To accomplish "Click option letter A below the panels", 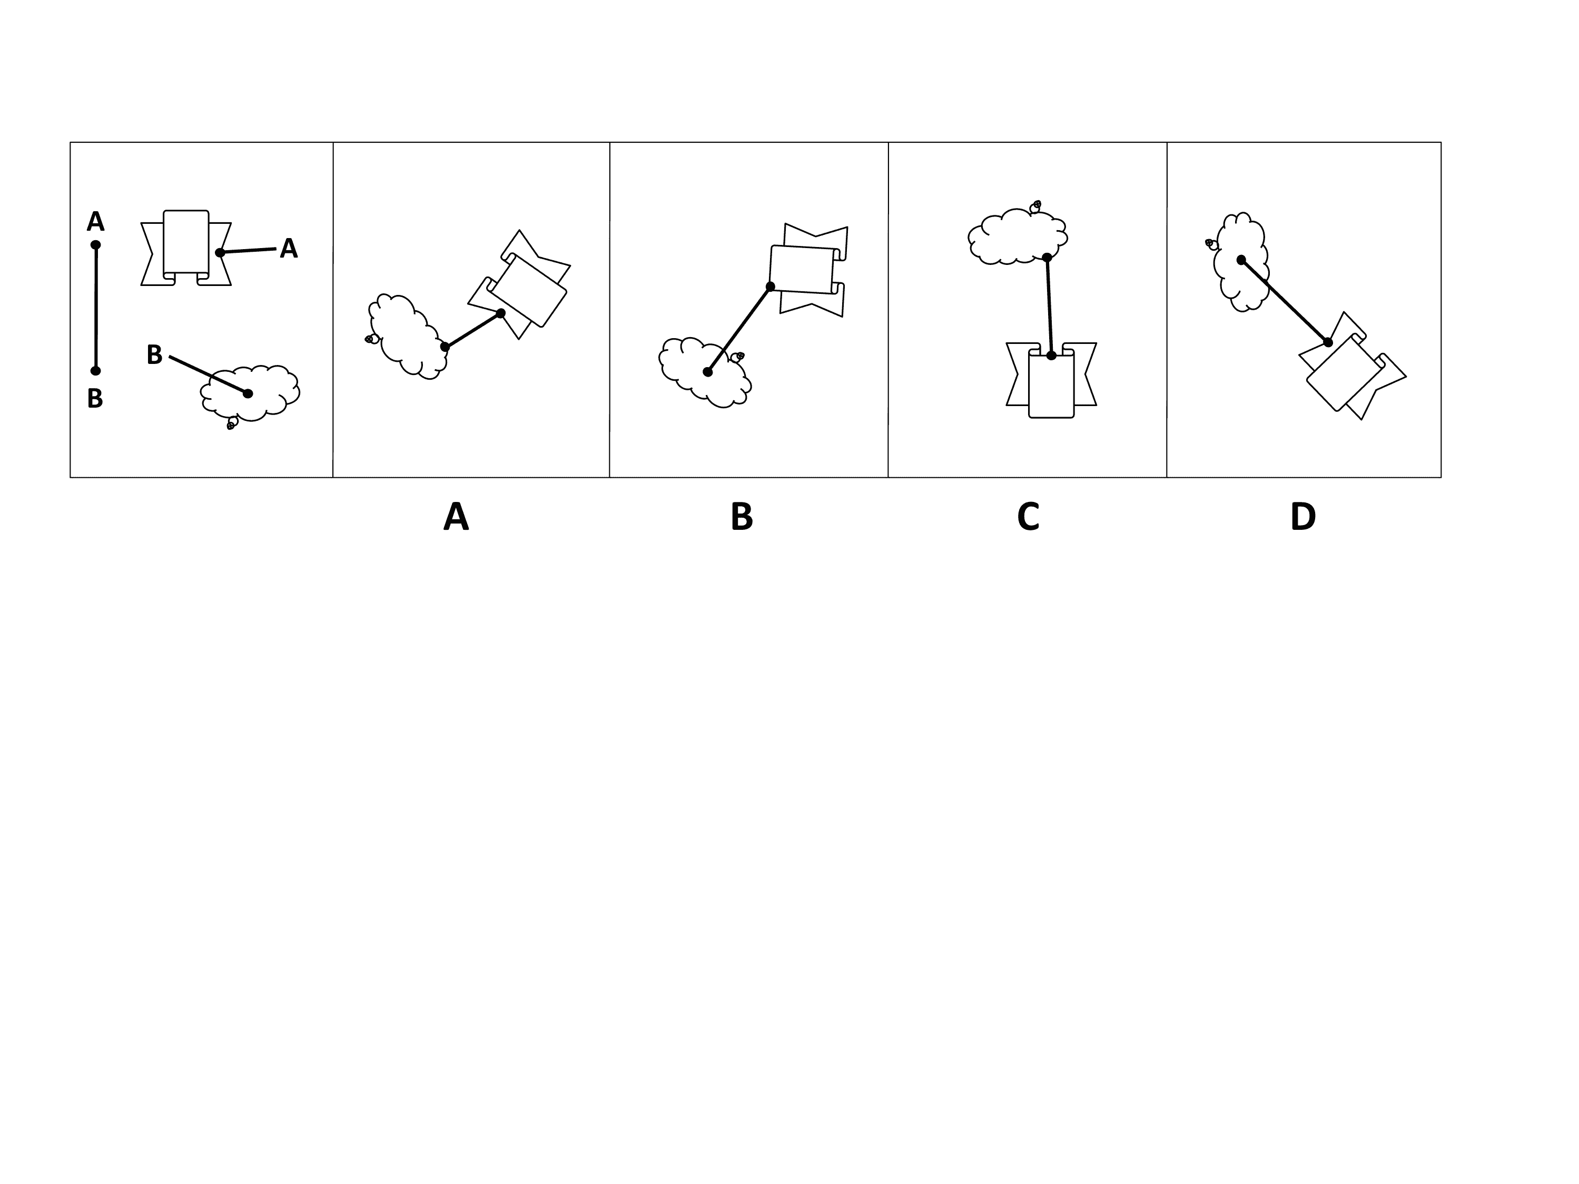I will pyautogui.click(x=456, y=517).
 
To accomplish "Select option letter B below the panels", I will pyautogui.click(x=742, y=517).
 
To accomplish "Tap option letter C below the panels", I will pyautogui.click(x=1028, y=517).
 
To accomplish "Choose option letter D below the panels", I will pyautogui.click(x=1302, y=517).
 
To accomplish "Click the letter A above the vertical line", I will pyautogui.click(x=96, y=222).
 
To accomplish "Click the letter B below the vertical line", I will pyautogui.click(x=95, y=398).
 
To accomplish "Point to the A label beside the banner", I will pyautogui.click(x=289, y=249).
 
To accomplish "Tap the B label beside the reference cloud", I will pyautogui.click(x=154, y=354).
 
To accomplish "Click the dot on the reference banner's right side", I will pyautogui.click(x=220, y=253).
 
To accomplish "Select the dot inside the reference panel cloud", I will pyautogui.click(x=248, y=393).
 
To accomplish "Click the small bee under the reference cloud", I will pyautogui.click(x=231, y=425).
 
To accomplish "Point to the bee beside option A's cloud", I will pyautogui.click(x=371, y=339).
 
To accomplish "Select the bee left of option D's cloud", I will pyautogui.click(x=1211, y=244).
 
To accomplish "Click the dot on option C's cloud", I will pyautogui.click(x=1047, y=257).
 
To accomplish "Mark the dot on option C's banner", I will pyautogui.click(x=1051, y=354).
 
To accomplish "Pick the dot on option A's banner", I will pyautogui.click(x=500, y=313).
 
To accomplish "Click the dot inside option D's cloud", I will pyautogui.click(x=1241, y=260).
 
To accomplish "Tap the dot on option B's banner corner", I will pyautogui.click(x=770, y=287).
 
